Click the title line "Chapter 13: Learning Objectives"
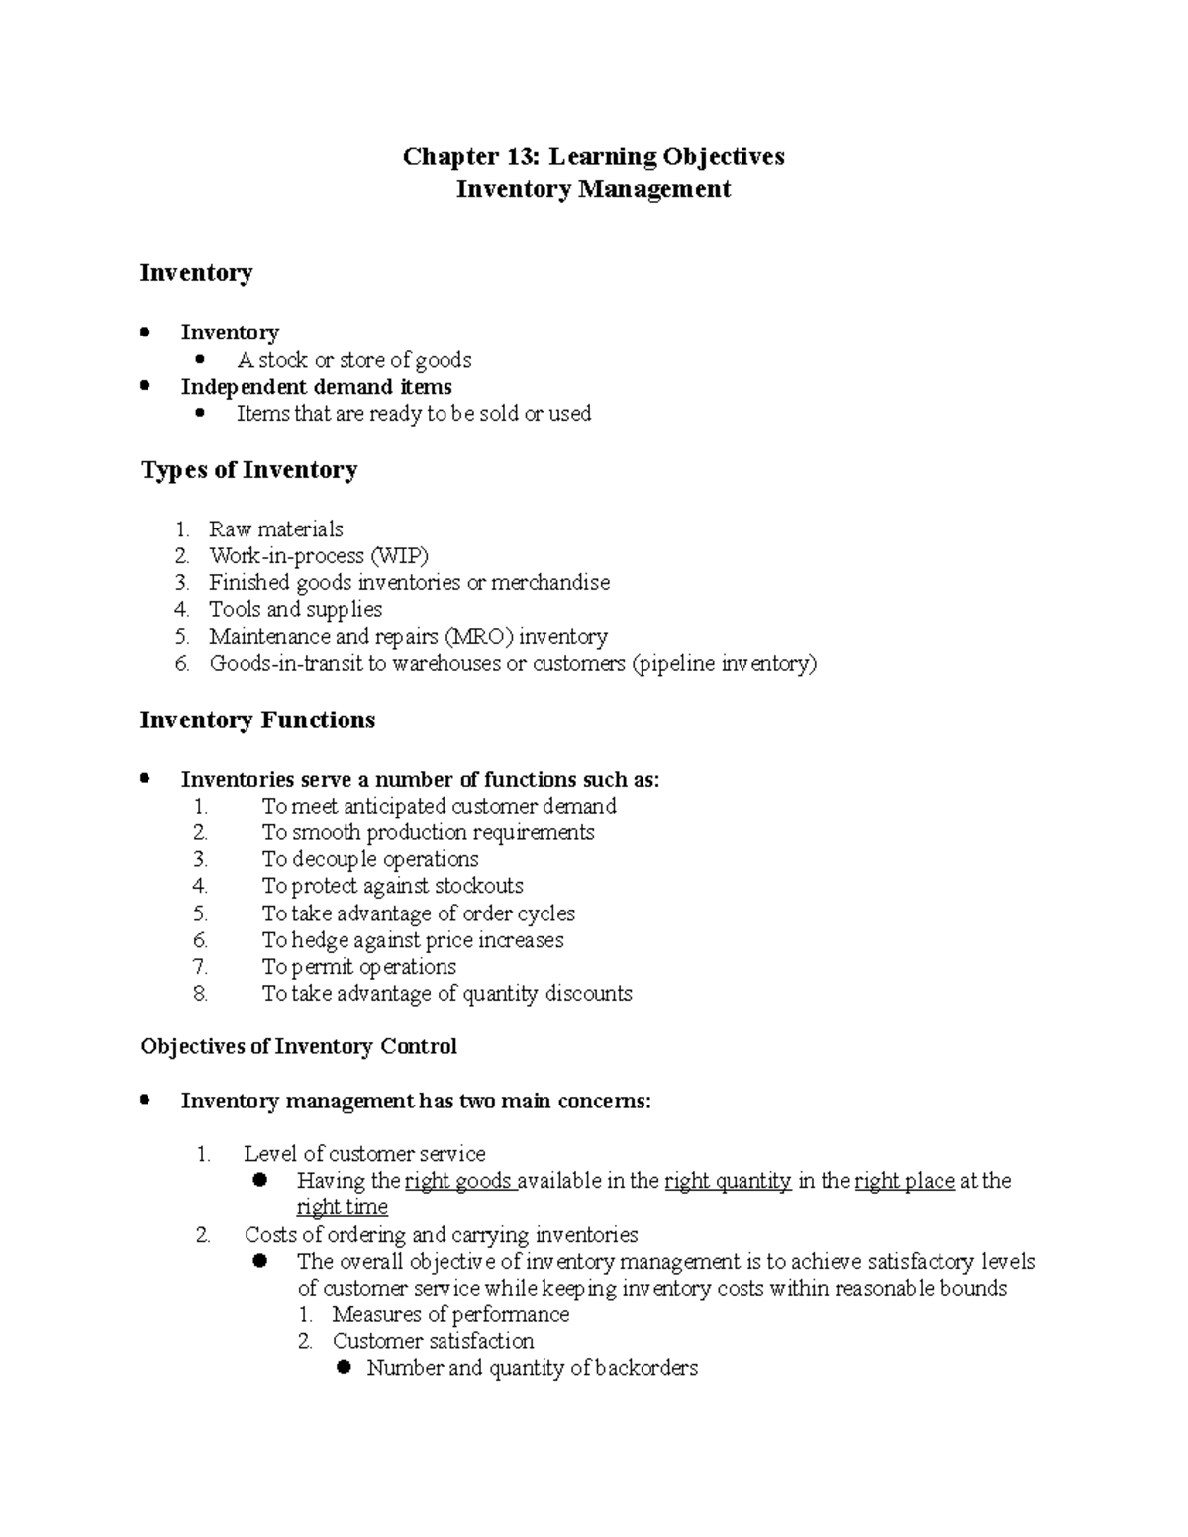[593, 157]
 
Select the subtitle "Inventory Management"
[593, 189]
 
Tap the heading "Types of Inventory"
[248, 470]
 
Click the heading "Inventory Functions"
[257, 720]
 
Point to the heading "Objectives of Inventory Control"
[298, 1046]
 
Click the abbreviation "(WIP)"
[399, 556]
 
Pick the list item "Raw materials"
[275, 529]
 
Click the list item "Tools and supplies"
[295, 610]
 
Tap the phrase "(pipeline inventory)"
[724, 663]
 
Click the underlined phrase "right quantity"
[728, 1181]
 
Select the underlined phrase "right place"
[904, 1181]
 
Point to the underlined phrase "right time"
[343, 1207]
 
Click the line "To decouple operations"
[370, 859]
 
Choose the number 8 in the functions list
[201, 994]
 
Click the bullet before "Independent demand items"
[146, 386]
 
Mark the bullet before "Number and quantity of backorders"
[345, 1368]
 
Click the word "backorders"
[645, 1368]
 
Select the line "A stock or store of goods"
[353, 360]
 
